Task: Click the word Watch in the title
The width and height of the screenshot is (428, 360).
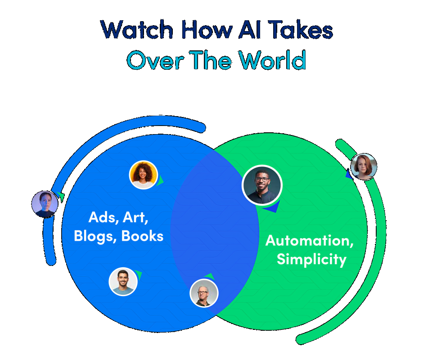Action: pos(137,30)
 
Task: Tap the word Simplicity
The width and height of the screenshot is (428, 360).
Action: pos(311,260)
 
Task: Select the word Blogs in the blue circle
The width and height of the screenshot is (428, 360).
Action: pos(95,236)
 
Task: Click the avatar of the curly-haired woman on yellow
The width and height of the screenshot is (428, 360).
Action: pos(143,175)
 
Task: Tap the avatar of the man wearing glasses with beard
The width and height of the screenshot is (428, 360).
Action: pos(262,185)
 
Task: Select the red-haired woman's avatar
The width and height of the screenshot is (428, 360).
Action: pos(363,166)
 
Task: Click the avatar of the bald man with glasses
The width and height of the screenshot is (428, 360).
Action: pos(204,293)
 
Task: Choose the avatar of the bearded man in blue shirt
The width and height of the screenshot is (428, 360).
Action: pos(123,281)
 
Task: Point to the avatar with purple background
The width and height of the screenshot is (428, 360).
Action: pos(45,204)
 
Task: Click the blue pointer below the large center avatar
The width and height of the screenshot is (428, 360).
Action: pos(271,208)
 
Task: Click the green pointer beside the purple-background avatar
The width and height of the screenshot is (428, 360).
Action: pos(61,197)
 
